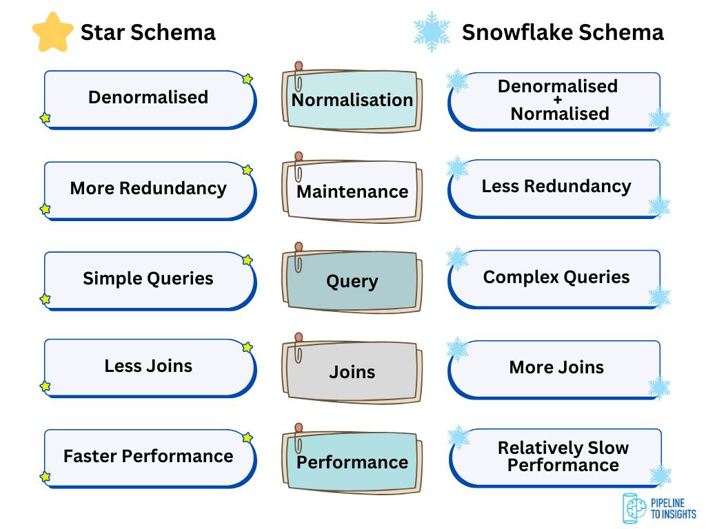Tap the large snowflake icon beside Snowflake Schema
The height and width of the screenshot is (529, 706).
[x=432, y=32]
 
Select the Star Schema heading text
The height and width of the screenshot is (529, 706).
[x=148, y=32]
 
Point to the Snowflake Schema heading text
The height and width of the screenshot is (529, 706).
[x=563, y=32]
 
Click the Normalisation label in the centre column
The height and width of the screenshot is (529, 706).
[x=352, y=100]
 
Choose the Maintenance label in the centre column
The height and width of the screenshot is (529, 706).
[x=352, y=191]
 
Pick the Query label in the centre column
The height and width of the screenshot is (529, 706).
[x=352, y=282]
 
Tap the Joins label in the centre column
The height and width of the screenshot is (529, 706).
[x=352, y=372]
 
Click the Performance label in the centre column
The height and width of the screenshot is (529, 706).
[x=352, y=462]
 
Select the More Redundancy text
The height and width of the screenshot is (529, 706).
[x=148, y=188]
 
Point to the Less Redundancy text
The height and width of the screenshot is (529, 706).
[x=556, y=186]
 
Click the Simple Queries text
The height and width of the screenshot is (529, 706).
[x=148, y=278]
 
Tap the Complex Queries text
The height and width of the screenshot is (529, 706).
[x=556, y=277]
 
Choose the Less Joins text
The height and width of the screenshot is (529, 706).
[x=148, y=366]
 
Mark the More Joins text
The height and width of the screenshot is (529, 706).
[x=556, y=367]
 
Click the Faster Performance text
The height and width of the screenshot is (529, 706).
[x=148, y=456]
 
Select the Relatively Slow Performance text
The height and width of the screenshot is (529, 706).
[x=563, y=456]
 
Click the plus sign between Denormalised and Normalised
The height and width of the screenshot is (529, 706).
[x=558, y=100]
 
